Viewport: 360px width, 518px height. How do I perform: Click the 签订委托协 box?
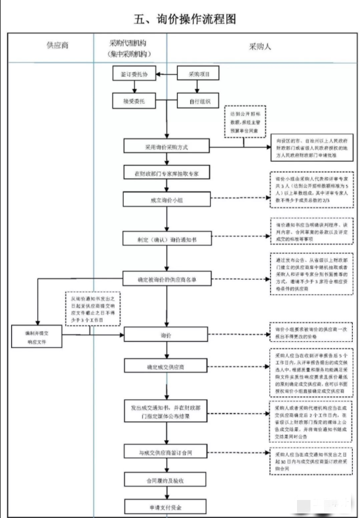pyautogui.click(x=134, y=74)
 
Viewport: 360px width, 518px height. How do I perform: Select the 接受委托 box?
pyautogui.click(x=134, y=102)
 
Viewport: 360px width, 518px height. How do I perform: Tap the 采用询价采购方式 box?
pyautogui.click(x=166, y=146)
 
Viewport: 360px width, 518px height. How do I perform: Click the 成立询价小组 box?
pyautogui.click(x=166, y=200)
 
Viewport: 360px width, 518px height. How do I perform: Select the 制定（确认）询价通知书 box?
pyautogui.click(x=166, y=239)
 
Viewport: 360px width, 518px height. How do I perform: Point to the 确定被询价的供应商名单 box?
pyautogui.click(x=166, y=278)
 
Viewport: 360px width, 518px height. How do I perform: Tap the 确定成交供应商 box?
pyautogui.click(x=166, y=367)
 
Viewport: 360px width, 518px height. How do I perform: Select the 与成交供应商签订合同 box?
pyautogui.click(x=166, y=452)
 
